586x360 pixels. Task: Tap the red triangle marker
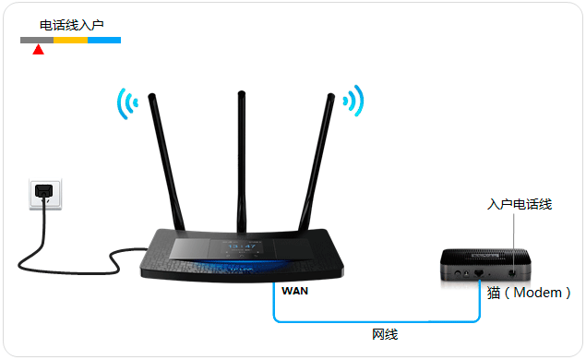point(38,50)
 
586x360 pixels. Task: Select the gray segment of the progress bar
point(37,41)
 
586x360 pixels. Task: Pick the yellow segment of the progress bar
point(70,41)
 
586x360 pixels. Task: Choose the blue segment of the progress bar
point(104,41)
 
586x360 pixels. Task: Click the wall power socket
point(44,193)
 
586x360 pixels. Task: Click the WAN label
point(295,291)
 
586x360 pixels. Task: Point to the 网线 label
point(384,334)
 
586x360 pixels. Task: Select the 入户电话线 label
point(520,204)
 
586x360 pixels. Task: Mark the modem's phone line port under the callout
point(510,273)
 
